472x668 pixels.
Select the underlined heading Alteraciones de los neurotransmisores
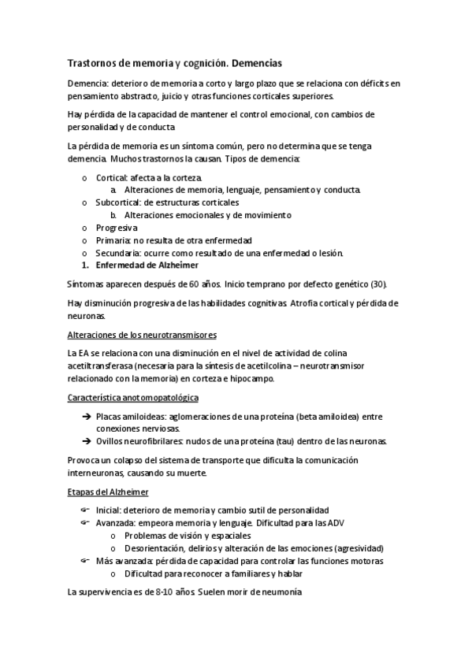tap(142, 335)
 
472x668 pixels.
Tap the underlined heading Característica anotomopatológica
tap(133, 398)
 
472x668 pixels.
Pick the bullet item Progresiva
tap(117, 227)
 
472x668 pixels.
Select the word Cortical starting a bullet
tap(112, 177)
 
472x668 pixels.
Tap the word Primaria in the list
tap(113, 239)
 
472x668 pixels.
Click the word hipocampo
tap(251, 379)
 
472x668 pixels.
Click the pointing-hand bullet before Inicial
tap(85, 510)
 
